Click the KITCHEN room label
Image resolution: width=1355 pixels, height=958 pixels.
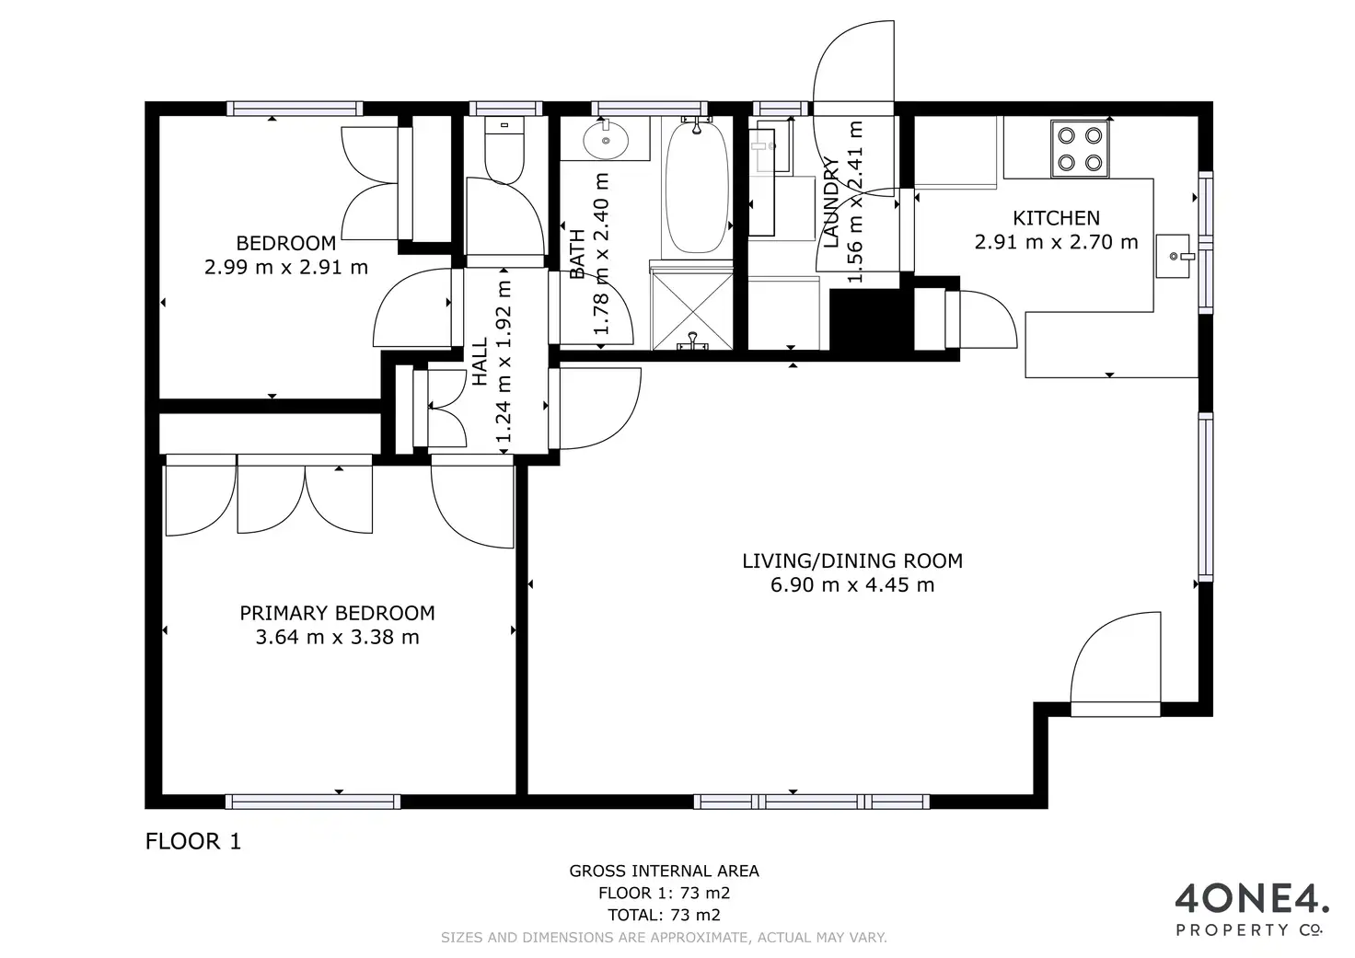(1056, 218)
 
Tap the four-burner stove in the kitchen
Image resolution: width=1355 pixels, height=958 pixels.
(1080, 149)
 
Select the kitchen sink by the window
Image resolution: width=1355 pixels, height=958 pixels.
(1174, 257)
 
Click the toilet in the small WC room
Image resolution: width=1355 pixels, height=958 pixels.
(504, 149)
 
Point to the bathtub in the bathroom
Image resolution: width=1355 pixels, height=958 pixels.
(696, 188)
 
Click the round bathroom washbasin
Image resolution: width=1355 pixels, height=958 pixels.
(606, 140)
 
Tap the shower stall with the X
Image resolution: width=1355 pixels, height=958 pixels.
(691, 307)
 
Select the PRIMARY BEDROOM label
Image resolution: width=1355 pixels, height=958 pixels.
(337, 613)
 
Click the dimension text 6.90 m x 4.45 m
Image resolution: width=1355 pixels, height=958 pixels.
(852, 585)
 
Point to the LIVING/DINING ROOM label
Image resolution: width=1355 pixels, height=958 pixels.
(852, 560)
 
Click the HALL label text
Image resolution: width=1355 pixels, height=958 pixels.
(479, 362)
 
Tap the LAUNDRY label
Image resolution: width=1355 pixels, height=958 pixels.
(831, 202)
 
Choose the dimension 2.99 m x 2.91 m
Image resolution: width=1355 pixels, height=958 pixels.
(286, 267)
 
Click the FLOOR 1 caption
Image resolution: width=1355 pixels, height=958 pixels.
(193, 841)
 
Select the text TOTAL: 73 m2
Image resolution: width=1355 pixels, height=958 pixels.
(665, 915)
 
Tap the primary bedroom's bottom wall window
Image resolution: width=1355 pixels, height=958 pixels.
(313, 802)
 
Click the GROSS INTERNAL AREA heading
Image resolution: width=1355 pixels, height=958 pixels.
(665, 871)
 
